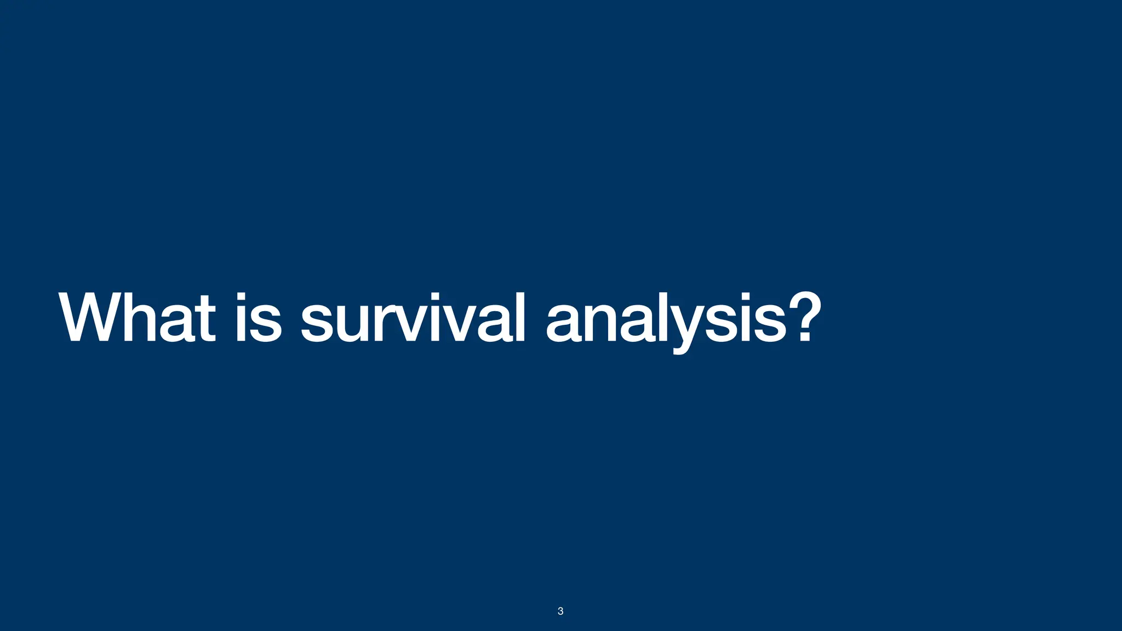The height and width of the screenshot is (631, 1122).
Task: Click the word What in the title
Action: click(x=137, y=318)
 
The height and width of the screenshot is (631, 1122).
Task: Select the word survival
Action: click(x=413, y=318)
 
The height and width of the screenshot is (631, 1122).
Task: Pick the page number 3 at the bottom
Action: click(x=560, y=611)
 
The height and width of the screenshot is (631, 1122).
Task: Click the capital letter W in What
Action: click(x=90, y=318)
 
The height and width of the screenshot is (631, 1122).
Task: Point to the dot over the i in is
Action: click(x=241, y=299)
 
